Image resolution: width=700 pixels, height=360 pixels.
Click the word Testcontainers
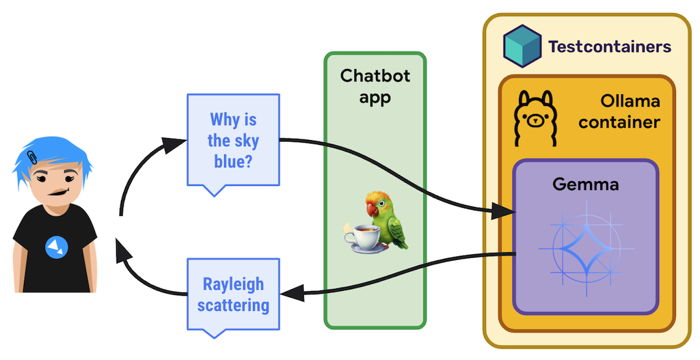coord(609,47)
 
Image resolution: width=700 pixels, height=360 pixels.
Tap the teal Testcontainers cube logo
coord(522,44)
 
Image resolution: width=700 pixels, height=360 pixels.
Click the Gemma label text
coord(585,184)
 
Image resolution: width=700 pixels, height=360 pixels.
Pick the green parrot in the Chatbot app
coord(386,218)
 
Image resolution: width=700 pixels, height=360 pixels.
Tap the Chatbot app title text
coord(375,86)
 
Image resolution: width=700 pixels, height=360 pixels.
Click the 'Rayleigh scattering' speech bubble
coord(233,294)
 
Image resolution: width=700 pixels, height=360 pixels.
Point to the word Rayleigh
coord(233,284)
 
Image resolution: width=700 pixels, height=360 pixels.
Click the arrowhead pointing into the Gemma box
coord(504,213)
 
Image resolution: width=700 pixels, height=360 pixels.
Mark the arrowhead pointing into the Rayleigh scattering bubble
coord(290,293)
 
